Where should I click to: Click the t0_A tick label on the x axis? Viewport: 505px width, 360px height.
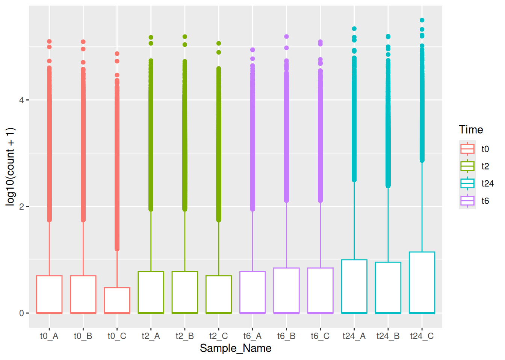(49, 336)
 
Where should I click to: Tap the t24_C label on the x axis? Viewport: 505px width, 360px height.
(422, 336)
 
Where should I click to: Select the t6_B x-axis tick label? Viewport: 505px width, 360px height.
(286, 336)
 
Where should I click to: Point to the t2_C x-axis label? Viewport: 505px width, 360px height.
(219, 336)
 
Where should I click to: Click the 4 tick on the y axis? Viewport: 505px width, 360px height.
(21, 100)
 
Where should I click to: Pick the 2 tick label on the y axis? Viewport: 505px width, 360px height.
(21, 207)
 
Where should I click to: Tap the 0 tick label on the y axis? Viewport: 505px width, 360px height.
(21, 313)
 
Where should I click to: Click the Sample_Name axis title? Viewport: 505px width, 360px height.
(236, 348)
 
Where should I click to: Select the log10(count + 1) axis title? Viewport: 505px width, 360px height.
(11, 166)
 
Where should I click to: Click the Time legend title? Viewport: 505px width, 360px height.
(471, 130)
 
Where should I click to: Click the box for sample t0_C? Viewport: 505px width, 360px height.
(117, 300)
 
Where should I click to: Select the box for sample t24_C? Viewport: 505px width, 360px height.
(422, 282)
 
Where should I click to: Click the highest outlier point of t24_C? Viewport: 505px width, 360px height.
(422, 20)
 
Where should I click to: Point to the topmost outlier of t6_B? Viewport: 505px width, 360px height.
(286, 36)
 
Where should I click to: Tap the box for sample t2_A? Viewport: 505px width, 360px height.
(151, 292)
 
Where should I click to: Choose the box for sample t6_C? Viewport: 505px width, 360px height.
(321, 290)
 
